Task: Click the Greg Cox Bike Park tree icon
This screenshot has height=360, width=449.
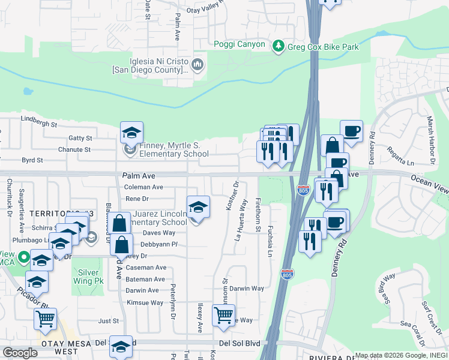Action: point(278,46)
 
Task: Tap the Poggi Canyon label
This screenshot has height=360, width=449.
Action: point(239,44)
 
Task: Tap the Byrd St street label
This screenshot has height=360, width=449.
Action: point(32,160)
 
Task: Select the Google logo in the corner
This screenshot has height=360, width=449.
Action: point(20,353)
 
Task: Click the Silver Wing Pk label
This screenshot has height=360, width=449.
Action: point(88,276)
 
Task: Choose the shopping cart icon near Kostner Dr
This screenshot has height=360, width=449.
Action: point(224,314)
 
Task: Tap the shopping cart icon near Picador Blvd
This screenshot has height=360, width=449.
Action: point(45,320)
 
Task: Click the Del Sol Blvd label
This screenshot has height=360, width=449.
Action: point(241,343)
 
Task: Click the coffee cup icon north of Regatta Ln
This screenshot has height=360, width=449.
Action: point(351,130)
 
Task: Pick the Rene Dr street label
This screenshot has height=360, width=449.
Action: point(136,199)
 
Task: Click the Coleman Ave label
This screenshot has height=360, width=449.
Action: point(144,187)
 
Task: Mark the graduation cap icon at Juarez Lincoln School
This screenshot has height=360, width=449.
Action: point(198,207)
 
